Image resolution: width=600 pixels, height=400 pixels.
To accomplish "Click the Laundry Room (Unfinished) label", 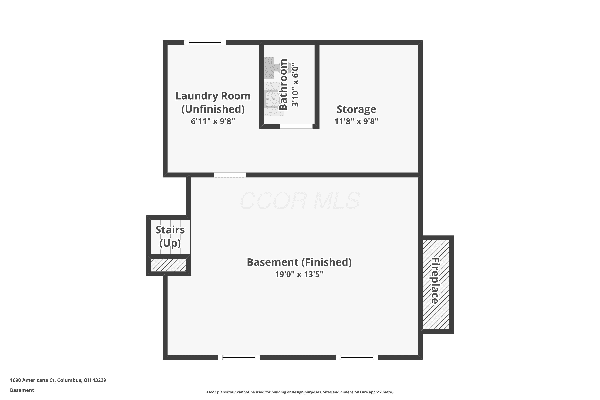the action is tap(213, 102).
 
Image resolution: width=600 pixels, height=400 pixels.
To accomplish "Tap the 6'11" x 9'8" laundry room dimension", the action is tap(213, 121).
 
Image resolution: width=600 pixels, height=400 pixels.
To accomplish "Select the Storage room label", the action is tap(356, 109).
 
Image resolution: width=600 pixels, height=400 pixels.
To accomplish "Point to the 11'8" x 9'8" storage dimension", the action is tap(356, 121).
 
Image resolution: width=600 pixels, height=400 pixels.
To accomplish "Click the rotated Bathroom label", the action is tap(283, 84).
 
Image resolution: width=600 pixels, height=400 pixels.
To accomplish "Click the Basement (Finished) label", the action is tap(299, 262).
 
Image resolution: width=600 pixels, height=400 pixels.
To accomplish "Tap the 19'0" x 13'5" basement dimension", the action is tap(299, 274).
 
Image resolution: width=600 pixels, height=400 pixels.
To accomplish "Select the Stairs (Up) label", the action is tap(170, 236).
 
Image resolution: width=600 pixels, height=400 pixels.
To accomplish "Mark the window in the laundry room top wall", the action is tap(205, 42).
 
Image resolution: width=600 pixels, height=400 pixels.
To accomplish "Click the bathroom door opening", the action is tap(296, 126).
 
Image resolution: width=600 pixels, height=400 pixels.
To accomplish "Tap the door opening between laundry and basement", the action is tap(230, 175).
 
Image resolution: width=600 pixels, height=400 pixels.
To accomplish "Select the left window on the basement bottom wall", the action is tap(239, 357).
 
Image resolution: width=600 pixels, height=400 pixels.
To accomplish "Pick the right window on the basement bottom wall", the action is tap(357, 357).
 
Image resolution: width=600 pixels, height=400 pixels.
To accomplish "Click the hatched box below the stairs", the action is tap(168, 265).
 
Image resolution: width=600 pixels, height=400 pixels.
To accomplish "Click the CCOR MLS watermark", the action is tap(300, 201).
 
